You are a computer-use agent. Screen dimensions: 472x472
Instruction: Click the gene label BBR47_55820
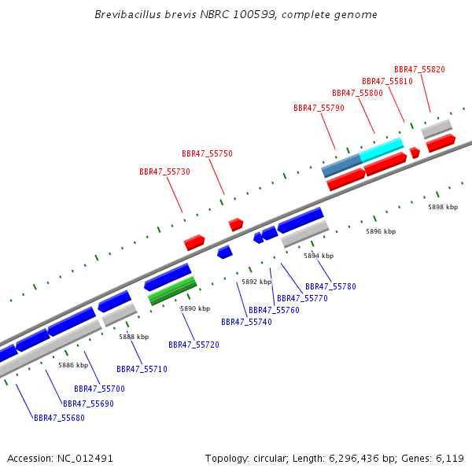pos(419,69)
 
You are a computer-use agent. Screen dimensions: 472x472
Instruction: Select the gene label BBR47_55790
pos(319,108)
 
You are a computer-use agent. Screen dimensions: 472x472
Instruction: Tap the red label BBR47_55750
pos(207,154)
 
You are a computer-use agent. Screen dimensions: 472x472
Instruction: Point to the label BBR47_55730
pos(164,171)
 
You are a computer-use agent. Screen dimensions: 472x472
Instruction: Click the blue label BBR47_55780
pos(330,286)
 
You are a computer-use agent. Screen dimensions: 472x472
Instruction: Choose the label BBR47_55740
pos(246,322)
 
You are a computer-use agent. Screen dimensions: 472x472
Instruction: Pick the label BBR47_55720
pos(194,345)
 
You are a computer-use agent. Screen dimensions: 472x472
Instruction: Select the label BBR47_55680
pos(59,418)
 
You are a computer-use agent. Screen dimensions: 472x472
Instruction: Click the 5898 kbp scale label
pos(443,207)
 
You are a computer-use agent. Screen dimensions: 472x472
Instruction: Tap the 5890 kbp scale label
pos(195,309)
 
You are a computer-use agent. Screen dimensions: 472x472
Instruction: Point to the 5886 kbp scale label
pos(73,365)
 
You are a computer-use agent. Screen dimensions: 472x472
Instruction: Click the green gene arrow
pos(172,293)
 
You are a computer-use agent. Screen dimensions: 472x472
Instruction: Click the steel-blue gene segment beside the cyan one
pos(341,164)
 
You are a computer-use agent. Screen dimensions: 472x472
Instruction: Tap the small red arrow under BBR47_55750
pos(236,224)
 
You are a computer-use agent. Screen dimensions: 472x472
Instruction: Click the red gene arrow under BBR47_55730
pos(194,242)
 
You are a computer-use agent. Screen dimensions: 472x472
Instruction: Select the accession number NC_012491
pos(85,458)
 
